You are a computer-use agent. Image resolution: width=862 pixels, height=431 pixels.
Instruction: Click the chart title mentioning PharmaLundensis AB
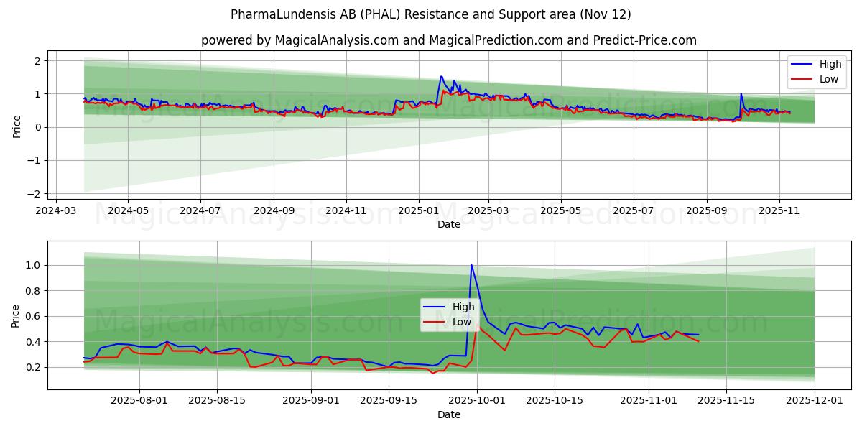pos(430,14)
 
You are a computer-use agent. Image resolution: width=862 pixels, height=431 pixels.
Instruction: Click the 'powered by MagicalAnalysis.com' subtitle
pos(448,40)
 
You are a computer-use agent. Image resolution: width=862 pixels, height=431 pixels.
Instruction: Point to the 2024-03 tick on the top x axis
pos(56,212)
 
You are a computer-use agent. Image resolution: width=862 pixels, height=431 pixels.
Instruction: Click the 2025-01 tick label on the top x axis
pos(418,212)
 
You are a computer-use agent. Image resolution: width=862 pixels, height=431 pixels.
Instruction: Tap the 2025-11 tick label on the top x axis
pos(779,212)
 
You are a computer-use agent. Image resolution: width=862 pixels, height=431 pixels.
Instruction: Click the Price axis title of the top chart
pos(17,126)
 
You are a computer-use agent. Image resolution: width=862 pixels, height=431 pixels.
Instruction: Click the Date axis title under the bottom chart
pos(448,414)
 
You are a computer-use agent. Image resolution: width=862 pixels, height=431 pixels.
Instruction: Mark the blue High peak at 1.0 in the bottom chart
pos(472,265)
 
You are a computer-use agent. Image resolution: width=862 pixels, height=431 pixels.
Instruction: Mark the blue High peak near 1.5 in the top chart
pos(441,76)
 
